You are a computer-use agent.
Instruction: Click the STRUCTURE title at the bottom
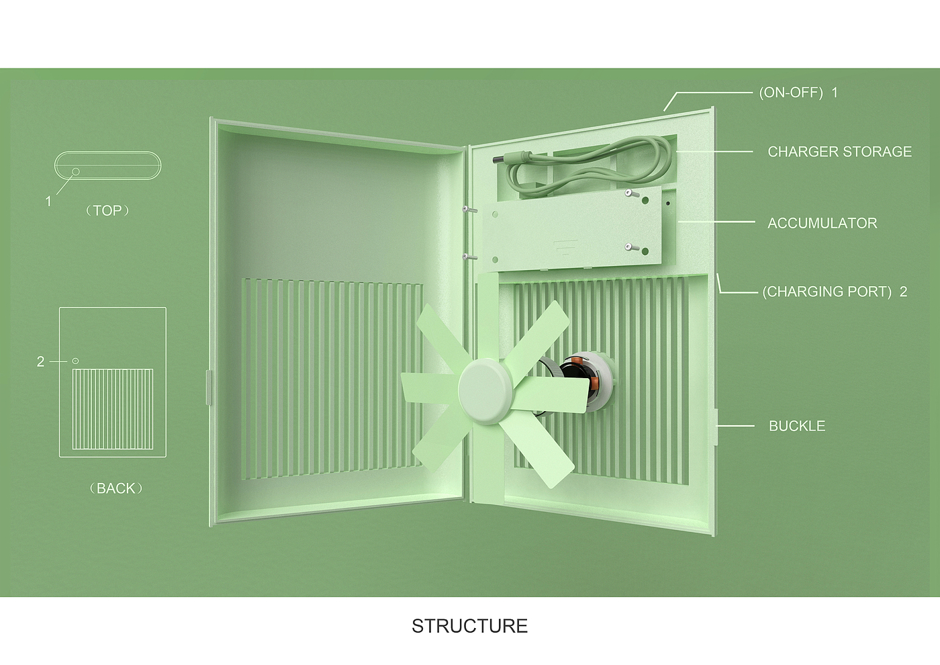[469, 626]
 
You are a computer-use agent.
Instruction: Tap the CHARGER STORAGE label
[839, 152]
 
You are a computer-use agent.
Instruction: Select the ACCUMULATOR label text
[822, 223]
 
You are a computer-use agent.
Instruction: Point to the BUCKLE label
[796, 426]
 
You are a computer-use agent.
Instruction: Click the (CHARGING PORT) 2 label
[834, 292]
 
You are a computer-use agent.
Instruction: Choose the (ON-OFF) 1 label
[798, 93]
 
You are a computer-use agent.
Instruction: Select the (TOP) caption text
[107, 211]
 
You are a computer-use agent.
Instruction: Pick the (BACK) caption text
[115, 488]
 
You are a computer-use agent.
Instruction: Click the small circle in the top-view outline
[75, 172]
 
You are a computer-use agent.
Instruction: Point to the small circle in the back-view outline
[75, 361]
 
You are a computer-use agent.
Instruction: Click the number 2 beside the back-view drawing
[40, 362]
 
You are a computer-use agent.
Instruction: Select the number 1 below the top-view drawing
[48, 202]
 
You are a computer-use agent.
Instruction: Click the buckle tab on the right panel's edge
[716, 426]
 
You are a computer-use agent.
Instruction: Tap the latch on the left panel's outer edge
[209, 387]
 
